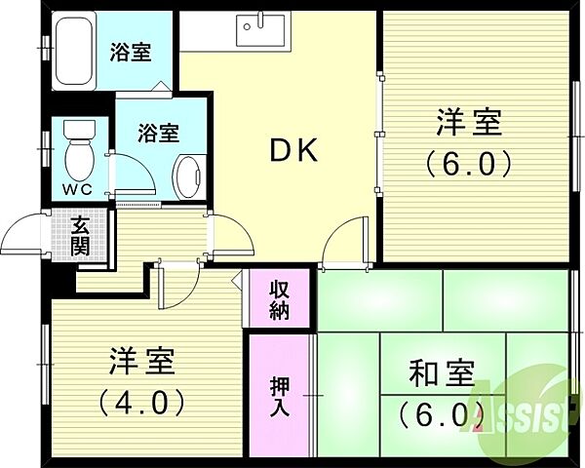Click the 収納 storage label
280,298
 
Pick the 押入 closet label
279,396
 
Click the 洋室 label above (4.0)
140,362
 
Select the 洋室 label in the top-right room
468,125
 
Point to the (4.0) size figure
140,401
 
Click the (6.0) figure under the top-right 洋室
468,164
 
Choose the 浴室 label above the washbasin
157,130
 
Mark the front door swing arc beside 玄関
24,235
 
